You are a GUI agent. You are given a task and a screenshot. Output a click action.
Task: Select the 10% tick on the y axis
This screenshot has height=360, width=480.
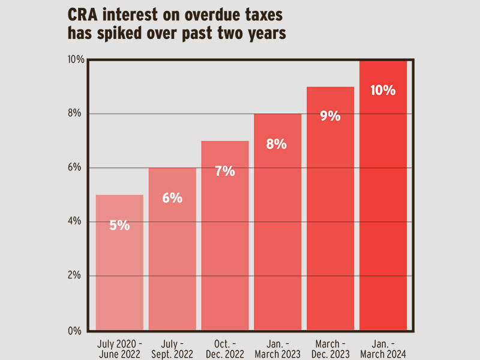(x=76, y=59)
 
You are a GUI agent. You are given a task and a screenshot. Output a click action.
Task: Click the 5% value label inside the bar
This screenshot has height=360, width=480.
(x=119, y=226)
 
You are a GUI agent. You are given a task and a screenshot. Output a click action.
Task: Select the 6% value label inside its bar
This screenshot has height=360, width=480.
(x=172, y=198)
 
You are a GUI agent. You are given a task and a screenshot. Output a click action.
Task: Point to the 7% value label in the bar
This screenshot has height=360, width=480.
(x=225, y=171)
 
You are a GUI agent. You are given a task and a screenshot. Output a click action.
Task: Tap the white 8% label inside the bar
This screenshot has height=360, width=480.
(x=277, y=144)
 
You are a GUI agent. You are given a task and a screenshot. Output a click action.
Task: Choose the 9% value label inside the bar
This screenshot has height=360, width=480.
(x=330, y=116)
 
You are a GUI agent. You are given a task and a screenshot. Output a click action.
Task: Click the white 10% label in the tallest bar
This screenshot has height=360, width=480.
(x=383, y=91)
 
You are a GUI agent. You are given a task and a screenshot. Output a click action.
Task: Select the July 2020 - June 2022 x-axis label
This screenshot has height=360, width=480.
(x=119, y=349)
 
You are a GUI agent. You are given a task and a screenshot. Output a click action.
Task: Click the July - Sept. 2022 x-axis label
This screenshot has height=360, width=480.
(x=172, y=349)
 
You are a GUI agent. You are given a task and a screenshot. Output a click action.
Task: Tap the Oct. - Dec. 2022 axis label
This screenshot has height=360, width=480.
(x=225, y=349)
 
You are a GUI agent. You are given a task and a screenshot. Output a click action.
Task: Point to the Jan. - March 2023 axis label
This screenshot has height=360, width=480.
(x=277, y=349)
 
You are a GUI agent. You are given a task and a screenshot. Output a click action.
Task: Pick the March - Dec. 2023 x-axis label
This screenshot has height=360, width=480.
(x=330, y=349)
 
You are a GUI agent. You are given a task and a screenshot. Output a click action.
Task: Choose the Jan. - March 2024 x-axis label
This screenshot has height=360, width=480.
(x=383, y=349)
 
